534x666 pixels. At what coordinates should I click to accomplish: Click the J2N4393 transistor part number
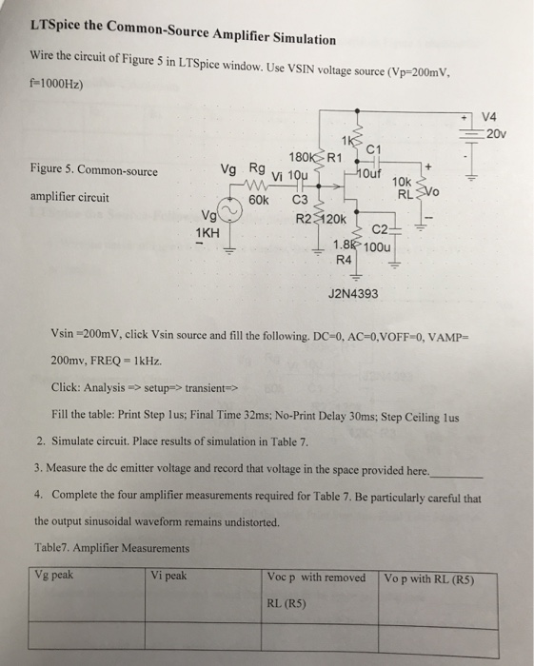[352, 294]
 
